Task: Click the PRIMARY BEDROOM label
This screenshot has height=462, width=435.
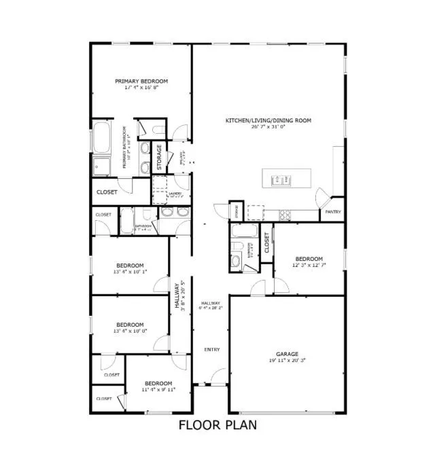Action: pos(141,81)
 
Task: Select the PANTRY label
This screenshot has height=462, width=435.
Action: pos(332,211)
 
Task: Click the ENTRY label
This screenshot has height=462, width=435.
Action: pos(212,349)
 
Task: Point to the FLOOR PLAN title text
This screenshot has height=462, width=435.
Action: pos(217,426)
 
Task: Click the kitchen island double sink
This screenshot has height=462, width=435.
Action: pos(281,180)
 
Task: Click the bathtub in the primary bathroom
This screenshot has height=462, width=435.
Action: pos(102,139)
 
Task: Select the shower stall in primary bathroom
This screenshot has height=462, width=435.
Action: pos(103,166)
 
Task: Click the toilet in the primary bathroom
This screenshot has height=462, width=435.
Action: pos(156,130)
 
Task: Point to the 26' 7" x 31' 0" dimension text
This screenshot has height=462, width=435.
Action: pos(268,127)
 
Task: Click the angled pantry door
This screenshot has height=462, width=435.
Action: pos(321,199)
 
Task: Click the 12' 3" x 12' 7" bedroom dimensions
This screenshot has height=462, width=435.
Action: pos(308,266)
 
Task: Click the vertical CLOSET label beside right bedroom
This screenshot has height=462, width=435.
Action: pos(266,242)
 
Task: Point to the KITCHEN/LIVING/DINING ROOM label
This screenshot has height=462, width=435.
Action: pos(268,120)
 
